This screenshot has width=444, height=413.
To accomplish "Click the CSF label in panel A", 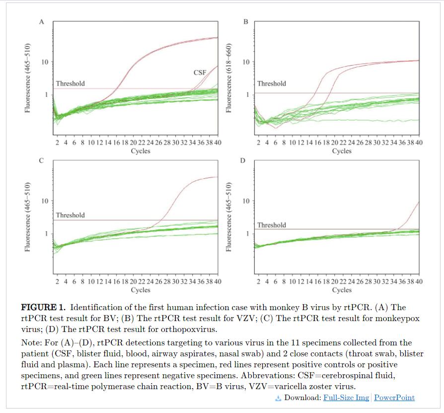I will point(200,73).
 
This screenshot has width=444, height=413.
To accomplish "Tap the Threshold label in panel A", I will point(70,83).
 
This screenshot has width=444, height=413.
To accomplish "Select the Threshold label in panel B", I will point(271,83).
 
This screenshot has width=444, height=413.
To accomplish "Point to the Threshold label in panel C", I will point(70,215).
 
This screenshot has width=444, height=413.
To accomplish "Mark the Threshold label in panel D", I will point(271,225).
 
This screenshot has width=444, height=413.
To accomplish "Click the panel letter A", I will point(42,22).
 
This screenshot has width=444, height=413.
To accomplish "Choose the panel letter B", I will point(245,22).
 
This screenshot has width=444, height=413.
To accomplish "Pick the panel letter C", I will point(42,161).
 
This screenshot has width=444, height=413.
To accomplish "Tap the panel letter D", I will point(243,161).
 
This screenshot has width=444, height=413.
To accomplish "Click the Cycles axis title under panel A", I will point(141,151).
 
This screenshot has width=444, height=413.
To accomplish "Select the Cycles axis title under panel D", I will point(342,290).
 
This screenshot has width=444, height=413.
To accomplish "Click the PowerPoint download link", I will point(394,398).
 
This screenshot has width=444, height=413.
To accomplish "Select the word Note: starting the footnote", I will point(33,343).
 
